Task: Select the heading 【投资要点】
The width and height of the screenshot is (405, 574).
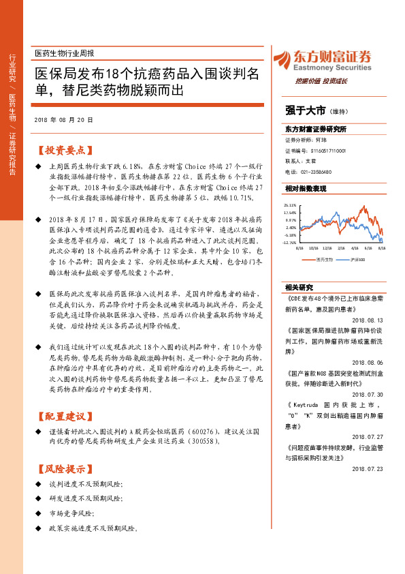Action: [63, 149]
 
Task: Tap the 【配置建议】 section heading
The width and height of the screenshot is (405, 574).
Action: [63, 416]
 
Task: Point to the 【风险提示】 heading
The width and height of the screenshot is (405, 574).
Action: [63, 468]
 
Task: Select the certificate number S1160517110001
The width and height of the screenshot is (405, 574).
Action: [326, 150]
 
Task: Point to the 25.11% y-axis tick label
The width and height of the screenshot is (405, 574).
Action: [291, 205]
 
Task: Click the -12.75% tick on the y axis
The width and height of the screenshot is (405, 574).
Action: [289, 242]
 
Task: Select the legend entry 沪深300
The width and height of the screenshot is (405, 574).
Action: [358, 260]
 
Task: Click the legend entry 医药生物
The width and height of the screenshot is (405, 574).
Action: [325, 260]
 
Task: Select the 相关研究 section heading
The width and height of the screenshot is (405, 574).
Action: [299, 287]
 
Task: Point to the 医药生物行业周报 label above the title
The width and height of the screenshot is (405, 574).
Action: [64, 52]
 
